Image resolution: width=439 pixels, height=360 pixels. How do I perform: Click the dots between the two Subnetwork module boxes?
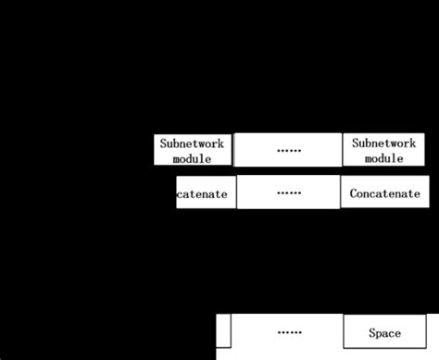click(x=288, y=150)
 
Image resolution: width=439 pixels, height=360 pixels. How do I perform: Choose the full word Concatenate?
click(x=385, y=194)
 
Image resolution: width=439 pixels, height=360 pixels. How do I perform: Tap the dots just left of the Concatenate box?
click(x=288, y=193)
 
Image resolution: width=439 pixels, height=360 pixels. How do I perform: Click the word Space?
click(x=384, y=332)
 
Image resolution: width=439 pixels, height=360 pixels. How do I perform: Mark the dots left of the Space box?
click(x=288, y=331)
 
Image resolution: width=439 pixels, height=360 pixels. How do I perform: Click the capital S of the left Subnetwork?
click(x=163, y=143)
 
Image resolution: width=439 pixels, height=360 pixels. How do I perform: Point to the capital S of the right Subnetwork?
click(x=355, y=143)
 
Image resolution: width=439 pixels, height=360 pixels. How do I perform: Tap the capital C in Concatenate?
click(x=354, y=194)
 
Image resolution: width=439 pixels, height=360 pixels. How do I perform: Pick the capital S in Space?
click(x=372, y=332)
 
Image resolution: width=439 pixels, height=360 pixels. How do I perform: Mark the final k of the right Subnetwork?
click(x=414, y=143)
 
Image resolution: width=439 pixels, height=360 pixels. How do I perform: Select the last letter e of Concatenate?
click(x=418, y=194)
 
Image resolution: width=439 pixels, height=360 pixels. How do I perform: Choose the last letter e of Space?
click(x=398, y=332)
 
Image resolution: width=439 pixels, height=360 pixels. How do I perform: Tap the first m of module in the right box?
click(x=368, y=158)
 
